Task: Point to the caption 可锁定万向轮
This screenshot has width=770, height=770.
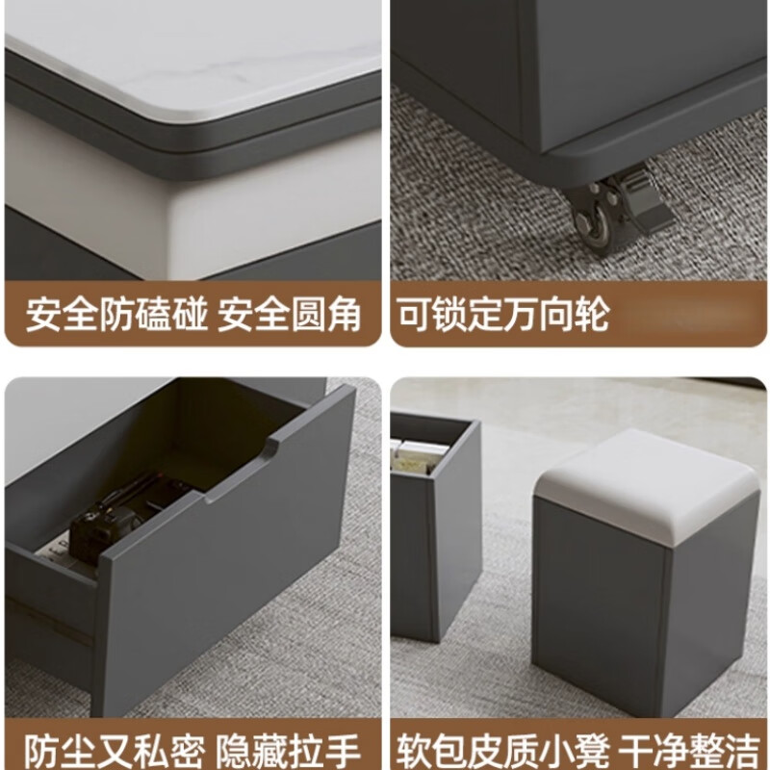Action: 503,315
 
